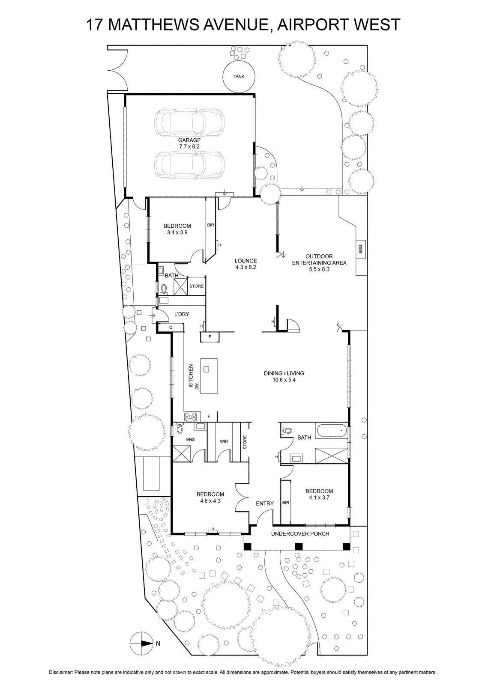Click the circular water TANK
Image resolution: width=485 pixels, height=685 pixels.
(x=239, y=76)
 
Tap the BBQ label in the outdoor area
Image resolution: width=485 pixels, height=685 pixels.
(x=360, y=249)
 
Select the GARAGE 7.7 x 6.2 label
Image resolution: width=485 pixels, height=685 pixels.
(x=189, y=143)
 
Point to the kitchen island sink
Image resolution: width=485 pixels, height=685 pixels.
(x=206, y=369)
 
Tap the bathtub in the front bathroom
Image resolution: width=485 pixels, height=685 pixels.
(x=332, y=431)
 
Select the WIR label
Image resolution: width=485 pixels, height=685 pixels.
(x=224, y=441)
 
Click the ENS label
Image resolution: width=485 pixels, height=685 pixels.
(x=190, y=439)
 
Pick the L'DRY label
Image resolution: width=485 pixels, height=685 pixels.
(x=182, y=314)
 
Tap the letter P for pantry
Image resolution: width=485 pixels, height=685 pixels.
(x=210, y=337)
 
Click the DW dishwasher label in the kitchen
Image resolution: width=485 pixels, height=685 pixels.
(x=197, y=387)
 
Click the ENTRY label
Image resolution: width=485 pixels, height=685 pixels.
(x=265, y=503)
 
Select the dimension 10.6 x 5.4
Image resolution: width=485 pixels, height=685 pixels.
(x=284, y=380)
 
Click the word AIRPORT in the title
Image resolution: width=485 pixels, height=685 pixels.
(x=309, y=25)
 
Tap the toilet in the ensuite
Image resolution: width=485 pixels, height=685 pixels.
(x=180, y=429)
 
